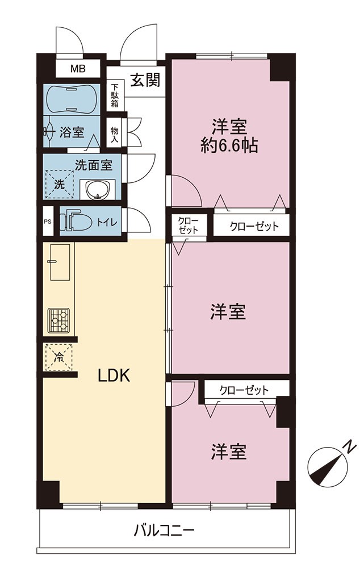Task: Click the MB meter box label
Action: pyautogui.click(x=78, y=69)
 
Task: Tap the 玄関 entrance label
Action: pyautogui.click(x=145, y=80)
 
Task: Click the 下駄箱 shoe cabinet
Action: pyautogui.click(x=115, y=95)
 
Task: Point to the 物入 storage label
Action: pyautogui.click(x=115, y=135)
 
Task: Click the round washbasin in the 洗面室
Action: pyautogui.click(x=97, y=189)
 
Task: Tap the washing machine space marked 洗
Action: pyautogui.click(x=60, y=184)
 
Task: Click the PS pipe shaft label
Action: pyautogui.click(x=48, y=222)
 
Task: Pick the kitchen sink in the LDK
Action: pyautogui.click(x=60, y=261)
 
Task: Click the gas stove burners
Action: pyautogui.click(x=59, y=321)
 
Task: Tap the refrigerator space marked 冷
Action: pyautogui.click(x=58, y=357)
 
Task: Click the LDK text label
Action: pyautogui.click(x=114, y=376)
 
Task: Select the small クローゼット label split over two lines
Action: pyautogui.click(x=188, y=225)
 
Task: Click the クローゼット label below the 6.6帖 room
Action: pyautogui.click(x=254, y=227)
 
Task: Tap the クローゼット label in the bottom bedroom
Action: pyautogui.click(x=244, y=391)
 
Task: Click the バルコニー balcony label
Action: pyautogui.click(x=164, y=531)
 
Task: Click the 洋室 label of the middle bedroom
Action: pyautogui.click(x=228, y=311)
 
